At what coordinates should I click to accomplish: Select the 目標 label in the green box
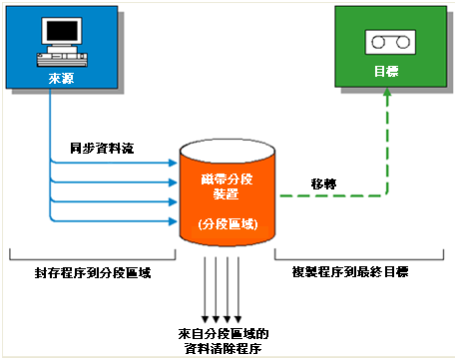click(387, 73)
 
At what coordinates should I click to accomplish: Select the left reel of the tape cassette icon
click(378, 42)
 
